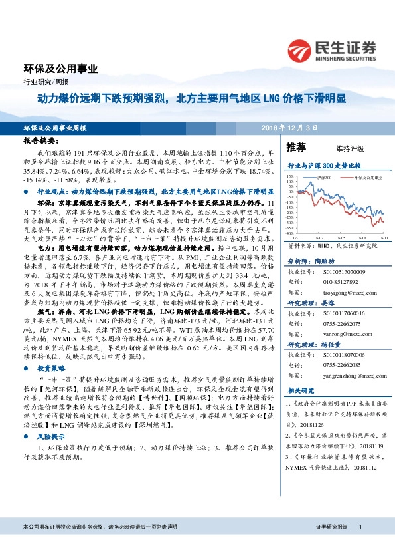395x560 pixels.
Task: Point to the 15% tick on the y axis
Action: [291, 176]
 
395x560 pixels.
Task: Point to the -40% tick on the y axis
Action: [290, 233]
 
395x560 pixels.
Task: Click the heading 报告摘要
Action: [41, 142]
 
